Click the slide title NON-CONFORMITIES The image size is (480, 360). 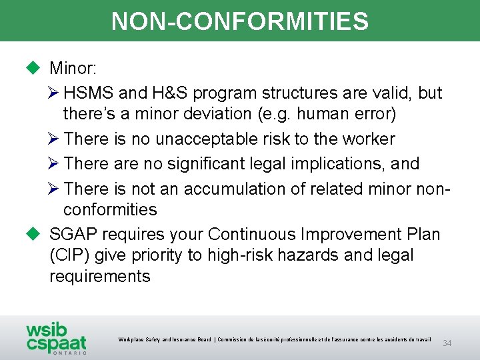tap(240, 21)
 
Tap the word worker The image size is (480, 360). tap(369, 139)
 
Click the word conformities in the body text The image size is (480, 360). tap(110, 209)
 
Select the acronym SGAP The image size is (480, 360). tap(73, 234)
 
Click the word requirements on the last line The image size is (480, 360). tap(100, 276)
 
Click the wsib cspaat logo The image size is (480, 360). tap(56, 339)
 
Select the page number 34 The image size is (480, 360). tap(447, 343)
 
